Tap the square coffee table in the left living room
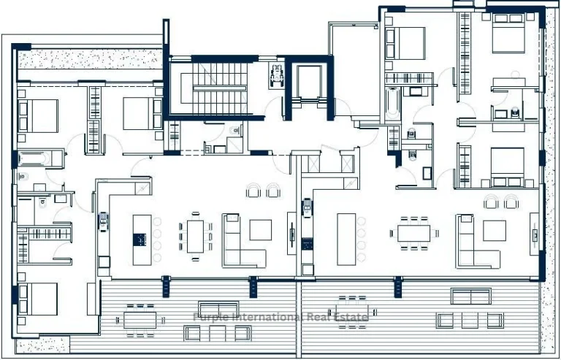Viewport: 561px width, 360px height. click(x=260, y=231)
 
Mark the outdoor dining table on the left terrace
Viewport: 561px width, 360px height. click(x=140, y=319)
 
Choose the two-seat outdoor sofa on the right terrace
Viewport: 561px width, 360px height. click(x=470, y=296)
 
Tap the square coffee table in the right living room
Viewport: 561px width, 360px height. click(x=494, y=231)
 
